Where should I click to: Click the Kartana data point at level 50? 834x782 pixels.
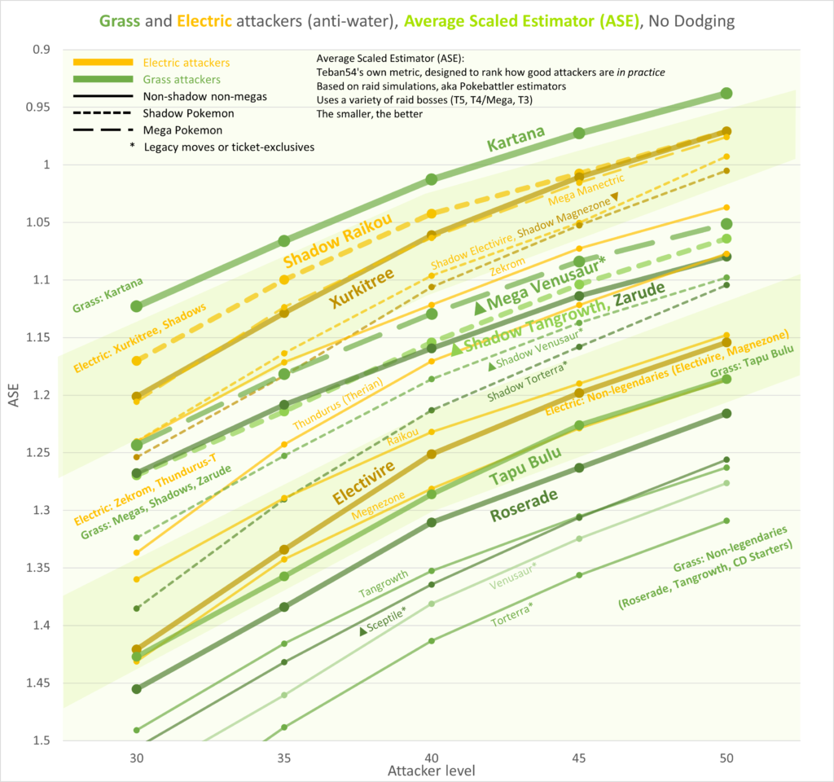[726, 94]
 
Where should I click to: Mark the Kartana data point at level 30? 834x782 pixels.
[137, 305]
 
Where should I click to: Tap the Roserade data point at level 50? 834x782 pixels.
[726, 414]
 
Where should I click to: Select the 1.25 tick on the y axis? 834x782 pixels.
[37, 452]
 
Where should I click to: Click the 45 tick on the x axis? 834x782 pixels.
[579, 756]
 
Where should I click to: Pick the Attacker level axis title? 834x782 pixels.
[432, 771]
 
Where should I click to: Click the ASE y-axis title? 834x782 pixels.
[12, 395]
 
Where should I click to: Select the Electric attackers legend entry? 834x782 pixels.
[186, 62]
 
